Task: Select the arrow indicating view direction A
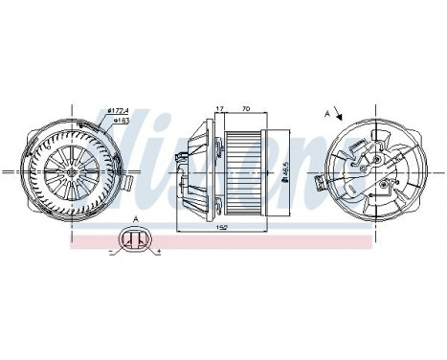click(341, 116)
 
